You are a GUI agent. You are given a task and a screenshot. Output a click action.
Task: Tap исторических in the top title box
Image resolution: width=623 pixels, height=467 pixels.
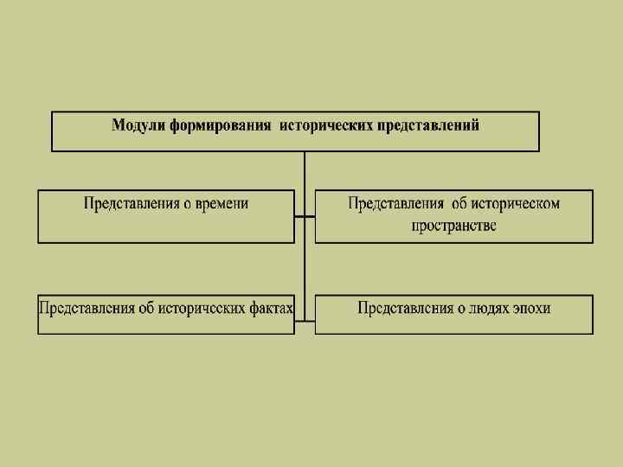(x=325, y=125)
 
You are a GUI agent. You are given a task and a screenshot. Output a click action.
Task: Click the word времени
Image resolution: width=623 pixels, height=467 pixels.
(x=222, y=204)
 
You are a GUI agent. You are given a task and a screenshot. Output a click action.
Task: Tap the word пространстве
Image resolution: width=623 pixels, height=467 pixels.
(x=454, y=226)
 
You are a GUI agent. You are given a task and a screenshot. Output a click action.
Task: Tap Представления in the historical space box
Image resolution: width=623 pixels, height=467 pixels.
(x=397, y=204)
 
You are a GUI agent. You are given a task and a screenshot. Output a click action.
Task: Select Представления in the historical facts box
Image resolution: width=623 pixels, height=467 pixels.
(x=86, y=308)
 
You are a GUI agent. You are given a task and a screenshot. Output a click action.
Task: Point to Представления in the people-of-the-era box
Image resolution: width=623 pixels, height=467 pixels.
(x=405, y=308)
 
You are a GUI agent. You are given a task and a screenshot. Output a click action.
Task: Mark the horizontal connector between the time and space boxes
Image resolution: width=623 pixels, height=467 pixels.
(x=305, y=216)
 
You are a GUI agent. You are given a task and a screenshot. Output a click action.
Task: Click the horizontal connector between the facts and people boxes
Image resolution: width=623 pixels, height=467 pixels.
(x=305, y=323)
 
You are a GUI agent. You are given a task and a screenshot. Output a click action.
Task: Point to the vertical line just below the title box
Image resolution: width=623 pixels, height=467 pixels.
(x=305, y=170)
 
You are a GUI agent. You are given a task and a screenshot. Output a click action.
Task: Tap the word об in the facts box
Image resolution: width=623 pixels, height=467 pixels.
(x=145, y=308)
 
